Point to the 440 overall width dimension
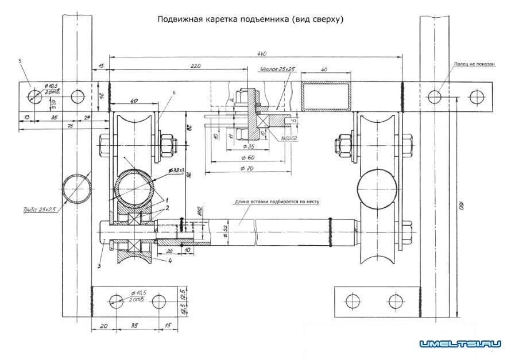point(262,53)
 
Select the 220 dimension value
point(195,67)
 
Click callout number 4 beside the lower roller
point(171,261)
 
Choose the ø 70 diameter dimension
point(246,167)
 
